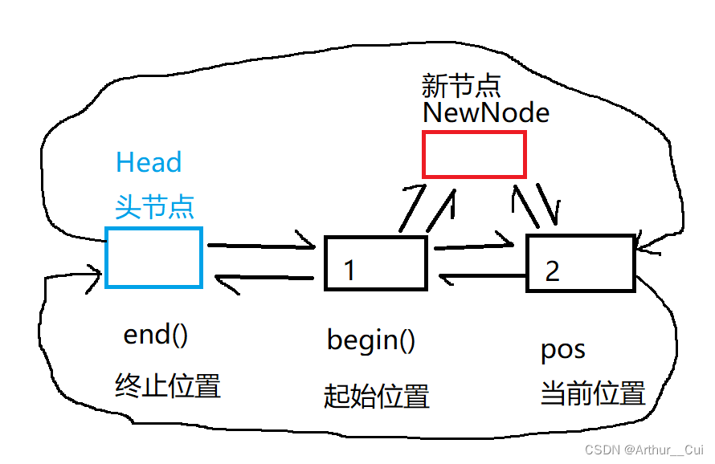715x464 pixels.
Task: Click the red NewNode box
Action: tap(474, 154)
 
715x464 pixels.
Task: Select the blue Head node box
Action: tap(153, 257)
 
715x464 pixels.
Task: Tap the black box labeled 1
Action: tap(375, 263)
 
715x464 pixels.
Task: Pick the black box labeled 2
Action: tap(580, 263)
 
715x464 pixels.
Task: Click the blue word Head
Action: tap(149, 163)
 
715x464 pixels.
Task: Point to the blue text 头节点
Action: tap(154, 207)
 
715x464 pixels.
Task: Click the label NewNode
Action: tap(486, 113)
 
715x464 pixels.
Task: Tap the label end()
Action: tap(156, 335)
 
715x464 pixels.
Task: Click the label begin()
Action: tap(371, 340)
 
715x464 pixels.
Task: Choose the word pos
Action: tap(562, 351)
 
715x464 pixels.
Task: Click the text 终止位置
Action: tap(168, 387)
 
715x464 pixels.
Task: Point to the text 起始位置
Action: tap(377, 396)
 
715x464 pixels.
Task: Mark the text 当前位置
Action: tap(593, 393)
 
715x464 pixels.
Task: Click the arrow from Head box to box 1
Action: tap(261, 244)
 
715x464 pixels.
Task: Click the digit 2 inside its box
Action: tap(552, 271)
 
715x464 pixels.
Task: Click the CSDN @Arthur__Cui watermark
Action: tap(643, 450)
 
